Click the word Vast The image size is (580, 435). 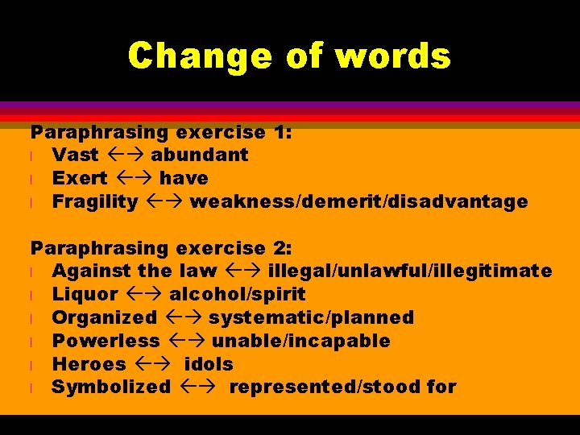click(x=75, y=155)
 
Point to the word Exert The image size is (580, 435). click(x=79, y=178)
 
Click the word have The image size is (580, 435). click(x=183, y=178)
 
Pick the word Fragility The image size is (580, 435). click(x=94, y=201)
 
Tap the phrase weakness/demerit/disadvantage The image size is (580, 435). click(x=358, y=201)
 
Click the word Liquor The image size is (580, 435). click(x=85, y=295)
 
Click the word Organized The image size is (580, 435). click(x=104, y=318)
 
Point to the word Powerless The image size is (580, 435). click(x=106, y=342)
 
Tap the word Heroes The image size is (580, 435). click(x=89, y=365)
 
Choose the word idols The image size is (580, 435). click(x=208, y=365)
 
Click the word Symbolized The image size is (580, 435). click(x=111, y=387)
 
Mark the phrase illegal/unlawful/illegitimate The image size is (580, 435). click(x=409, y=271)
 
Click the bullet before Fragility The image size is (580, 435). click(x=33, y=202)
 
